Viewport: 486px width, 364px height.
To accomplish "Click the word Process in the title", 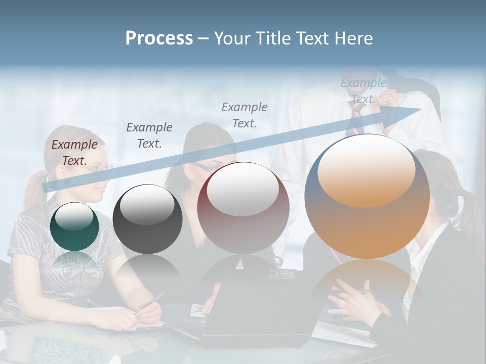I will (x=159, y=38).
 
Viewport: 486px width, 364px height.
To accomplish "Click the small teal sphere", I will (x=74, y=226).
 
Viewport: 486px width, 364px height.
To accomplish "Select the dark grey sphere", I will (x=147, y=219).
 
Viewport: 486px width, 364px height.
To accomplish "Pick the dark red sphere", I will (x=243, y=207).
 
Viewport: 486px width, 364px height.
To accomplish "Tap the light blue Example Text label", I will (x=363, y=91).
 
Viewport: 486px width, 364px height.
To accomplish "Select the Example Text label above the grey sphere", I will (x=149, y=135).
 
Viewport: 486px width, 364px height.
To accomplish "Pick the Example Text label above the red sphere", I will (x=245, y=115).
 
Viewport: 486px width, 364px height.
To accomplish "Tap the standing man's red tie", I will (x=356, y=121).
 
